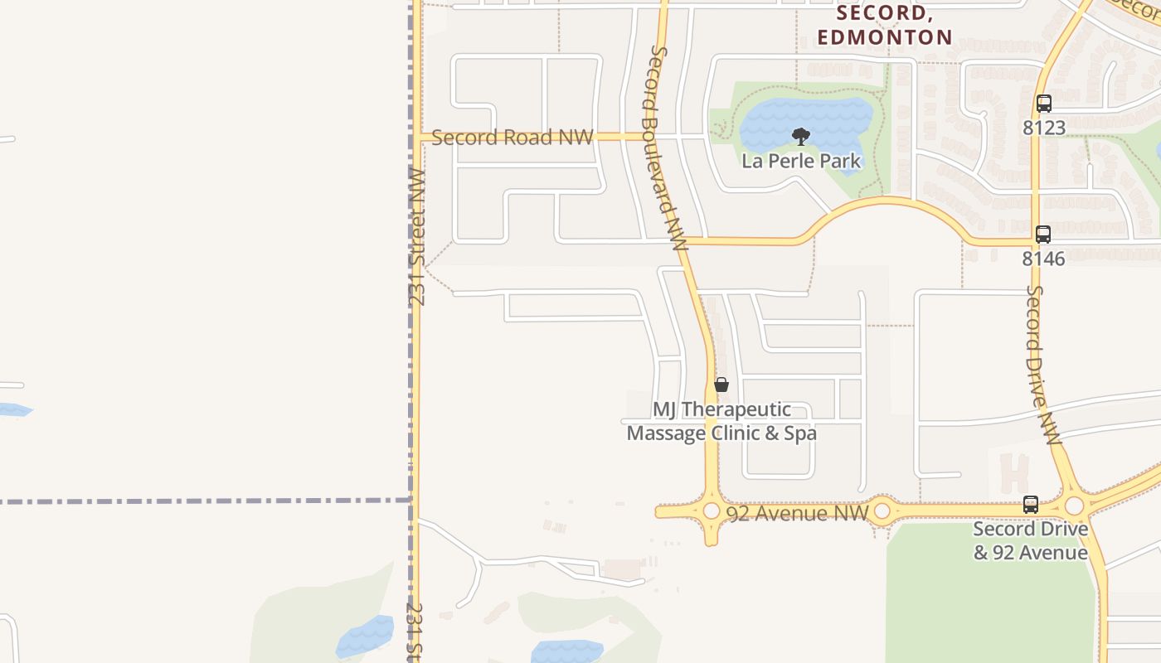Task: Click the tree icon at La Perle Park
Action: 801,136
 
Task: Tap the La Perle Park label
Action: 801,161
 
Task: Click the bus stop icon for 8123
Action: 1043,104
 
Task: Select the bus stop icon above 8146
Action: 1043,235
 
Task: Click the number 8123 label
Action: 1043,128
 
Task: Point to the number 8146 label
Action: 1043,259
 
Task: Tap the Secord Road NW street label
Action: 512,138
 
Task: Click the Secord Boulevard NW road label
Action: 667,149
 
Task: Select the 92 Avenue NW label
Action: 797,513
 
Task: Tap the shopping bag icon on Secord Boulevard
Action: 721,385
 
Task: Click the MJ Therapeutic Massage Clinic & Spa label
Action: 721,421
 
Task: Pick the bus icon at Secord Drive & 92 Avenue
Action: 1030,504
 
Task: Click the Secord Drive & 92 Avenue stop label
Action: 1030,540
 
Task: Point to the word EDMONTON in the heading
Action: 885,37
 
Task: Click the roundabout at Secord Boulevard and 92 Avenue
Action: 711,511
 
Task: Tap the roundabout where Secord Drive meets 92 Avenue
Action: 1074,506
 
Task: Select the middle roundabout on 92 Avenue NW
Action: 882,511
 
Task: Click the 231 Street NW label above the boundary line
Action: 416,238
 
